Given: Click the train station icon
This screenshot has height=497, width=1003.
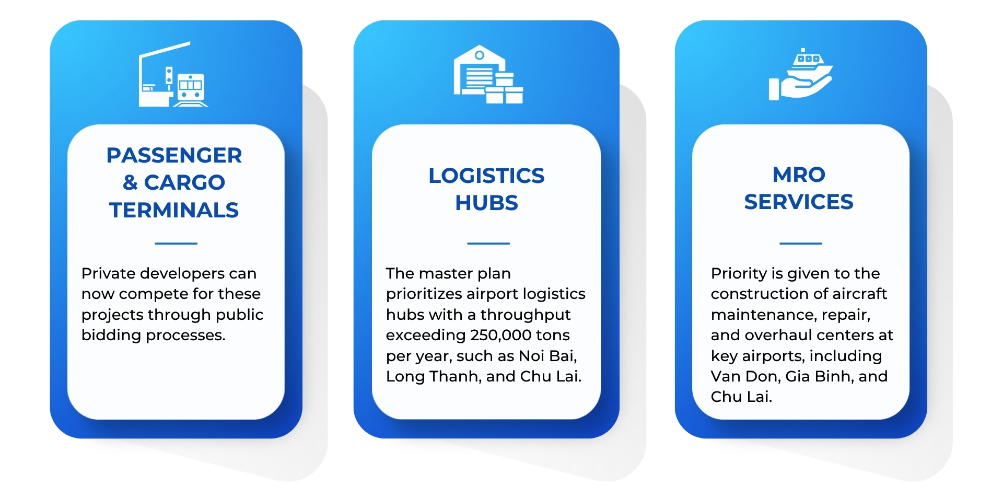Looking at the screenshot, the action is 173,74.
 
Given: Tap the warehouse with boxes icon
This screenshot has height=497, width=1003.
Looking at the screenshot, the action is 488,74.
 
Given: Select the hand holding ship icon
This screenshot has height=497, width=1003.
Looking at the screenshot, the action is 800,74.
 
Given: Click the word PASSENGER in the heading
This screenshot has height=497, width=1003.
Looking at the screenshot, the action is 174,155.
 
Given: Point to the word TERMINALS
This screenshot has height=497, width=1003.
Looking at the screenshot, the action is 174,210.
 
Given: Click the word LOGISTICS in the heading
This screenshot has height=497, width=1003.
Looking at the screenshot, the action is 486,176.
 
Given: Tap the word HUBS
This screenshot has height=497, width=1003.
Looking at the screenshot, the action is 486,203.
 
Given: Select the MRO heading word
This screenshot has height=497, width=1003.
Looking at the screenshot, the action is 799,175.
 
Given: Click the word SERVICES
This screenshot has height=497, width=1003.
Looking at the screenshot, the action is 799,202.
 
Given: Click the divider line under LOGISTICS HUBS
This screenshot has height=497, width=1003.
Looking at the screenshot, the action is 488,244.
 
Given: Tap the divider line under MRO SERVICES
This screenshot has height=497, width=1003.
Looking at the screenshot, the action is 801,244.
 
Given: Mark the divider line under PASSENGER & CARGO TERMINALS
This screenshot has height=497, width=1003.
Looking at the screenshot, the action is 176,244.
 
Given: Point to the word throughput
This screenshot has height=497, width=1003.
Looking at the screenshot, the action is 526,315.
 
